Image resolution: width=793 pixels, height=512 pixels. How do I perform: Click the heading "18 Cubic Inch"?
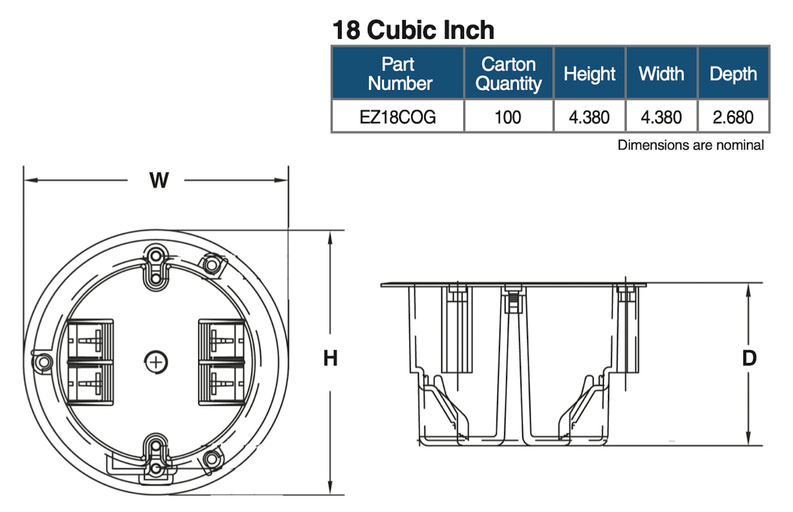pyautogui.click(x=413, y=30)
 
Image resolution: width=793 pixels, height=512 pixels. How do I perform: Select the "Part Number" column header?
pyautogui.click(x=399, y=74)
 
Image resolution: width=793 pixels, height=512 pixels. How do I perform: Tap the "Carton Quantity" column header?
pyautogui.click(x=508, y=74)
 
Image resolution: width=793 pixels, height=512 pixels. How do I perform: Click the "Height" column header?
pyautogui.click(x=589, y=74)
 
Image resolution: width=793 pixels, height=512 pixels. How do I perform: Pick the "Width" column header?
pyautogui.click(x=661, y=74)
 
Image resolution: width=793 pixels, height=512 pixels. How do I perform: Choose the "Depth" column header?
pyautogui.click(x=733, y=74)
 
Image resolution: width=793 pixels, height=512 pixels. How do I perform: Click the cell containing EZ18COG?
pyautogui.click(x=398, y=117)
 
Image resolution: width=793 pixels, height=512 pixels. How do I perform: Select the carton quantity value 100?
pyautogui.click(x=508, y=117)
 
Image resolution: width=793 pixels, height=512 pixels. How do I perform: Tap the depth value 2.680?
pyautogui.click(x=733, y=117)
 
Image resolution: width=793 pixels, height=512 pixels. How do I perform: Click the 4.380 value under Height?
pyautogui.click(x=589, y=117)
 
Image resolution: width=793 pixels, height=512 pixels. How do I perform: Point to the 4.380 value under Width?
pyautogui.click(x=661, y=117)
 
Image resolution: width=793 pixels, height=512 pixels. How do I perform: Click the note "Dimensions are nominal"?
pyautogui.click(x=690, y=145)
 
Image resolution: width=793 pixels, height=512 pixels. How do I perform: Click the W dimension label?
pyautogui.click(x=159, y=180)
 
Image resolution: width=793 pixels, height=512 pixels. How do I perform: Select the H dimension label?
pyautogui.click(x=330, y=358)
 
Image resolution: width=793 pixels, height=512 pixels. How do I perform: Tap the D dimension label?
pyautogui.click(x=749, y=358)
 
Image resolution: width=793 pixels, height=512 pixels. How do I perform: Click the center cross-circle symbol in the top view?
pyautogui.click(x=156, y=362)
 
